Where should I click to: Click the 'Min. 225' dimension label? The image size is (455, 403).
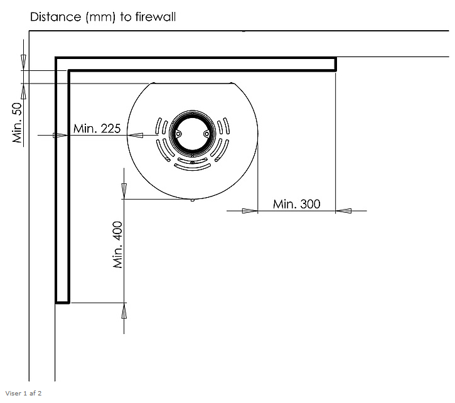click(97, 128)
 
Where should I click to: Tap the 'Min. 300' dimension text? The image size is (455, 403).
click(297, 204)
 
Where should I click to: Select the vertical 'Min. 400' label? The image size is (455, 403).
click(118, 244)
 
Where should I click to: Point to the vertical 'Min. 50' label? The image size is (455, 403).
click(18, 122)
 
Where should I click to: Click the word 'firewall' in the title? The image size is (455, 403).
click(156, 17)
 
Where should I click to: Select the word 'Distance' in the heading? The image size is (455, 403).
click(56, 17)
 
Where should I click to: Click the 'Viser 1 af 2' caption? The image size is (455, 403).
click(23, 394)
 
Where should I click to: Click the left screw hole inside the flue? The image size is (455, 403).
click(178, 134)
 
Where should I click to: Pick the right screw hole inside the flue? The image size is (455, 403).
click(206, 134)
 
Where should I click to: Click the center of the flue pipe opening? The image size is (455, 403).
click(193, 134)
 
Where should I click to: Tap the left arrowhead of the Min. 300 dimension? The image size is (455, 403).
click(250, 211)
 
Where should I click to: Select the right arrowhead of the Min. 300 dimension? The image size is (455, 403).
click(343, 211)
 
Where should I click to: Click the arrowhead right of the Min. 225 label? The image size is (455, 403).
click(135, 136)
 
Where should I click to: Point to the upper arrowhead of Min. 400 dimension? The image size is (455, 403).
click(124, 191)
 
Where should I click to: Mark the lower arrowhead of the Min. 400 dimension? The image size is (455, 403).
click(124, 311)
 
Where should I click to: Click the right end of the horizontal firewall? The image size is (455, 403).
click(336, 64)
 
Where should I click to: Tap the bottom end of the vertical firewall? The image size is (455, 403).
click(62, 303)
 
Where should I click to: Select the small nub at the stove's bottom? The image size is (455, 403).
click(193, 200)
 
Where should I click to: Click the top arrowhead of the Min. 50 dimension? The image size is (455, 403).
click(23, 62)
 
